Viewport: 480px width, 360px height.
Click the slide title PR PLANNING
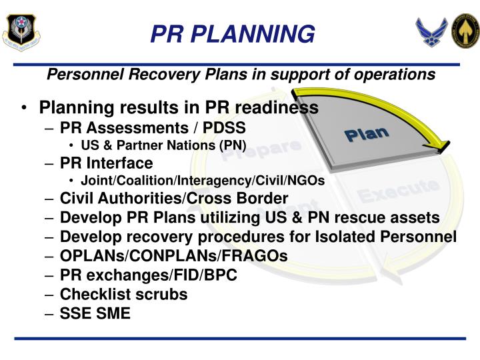click(x=232, y=33)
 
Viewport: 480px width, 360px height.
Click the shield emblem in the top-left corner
click(x=21, y=31)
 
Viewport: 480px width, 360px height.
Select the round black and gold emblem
click(x=465, y=31)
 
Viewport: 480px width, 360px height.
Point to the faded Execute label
click(x=398, y=191)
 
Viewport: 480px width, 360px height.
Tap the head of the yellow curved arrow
click(x=440, y=144)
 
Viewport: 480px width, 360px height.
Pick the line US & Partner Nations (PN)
click(x=163, y=145)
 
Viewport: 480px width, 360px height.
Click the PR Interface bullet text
click(x=106, y=163)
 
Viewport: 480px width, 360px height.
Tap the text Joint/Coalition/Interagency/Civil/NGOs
click(x=202, y=181)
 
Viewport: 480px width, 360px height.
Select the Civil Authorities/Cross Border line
click(x=173, y=199)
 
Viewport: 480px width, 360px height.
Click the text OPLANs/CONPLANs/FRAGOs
click(x=173, y=257)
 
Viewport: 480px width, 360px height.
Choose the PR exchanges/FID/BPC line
click(x=148, y=275)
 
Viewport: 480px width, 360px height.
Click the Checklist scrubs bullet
click(x=123, y=294)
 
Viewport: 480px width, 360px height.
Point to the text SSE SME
click(x=95, y=313)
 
